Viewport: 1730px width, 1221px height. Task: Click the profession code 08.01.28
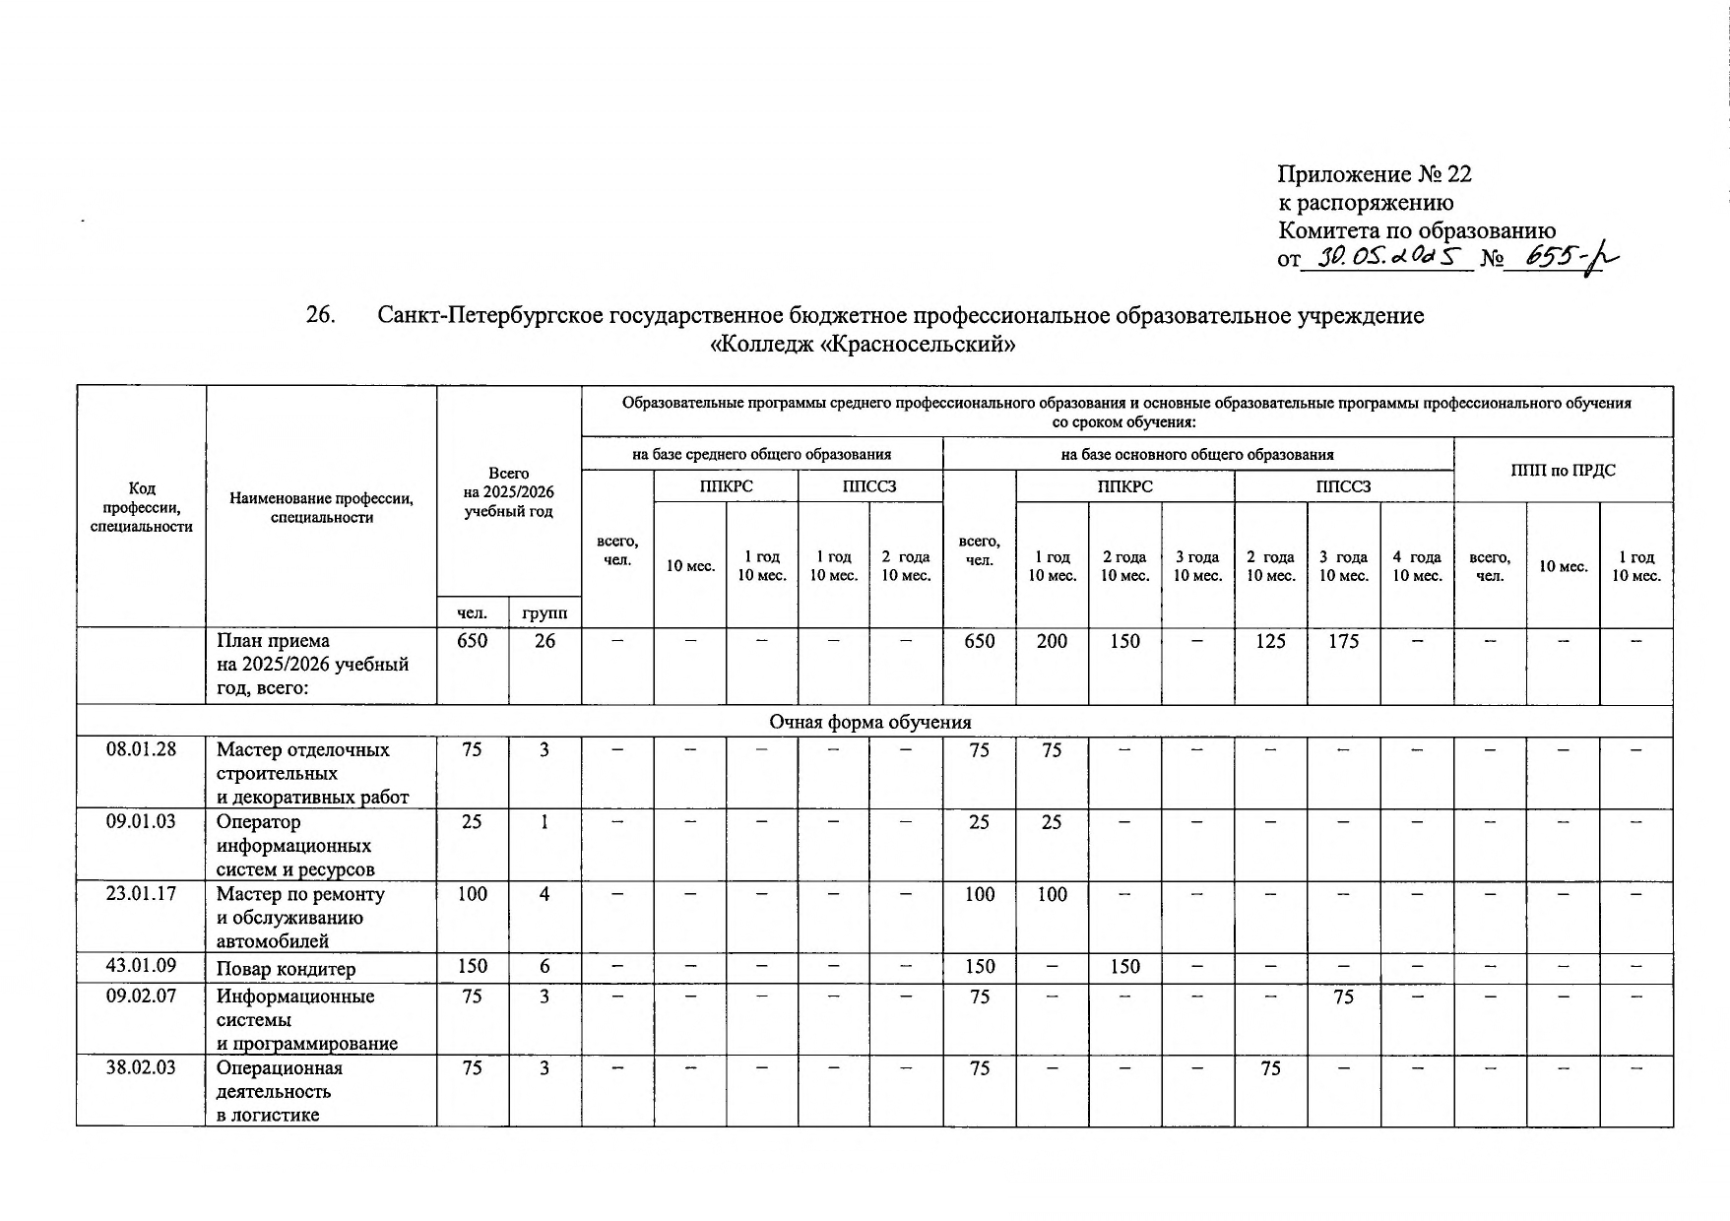141,749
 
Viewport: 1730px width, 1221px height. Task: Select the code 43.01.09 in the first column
141,967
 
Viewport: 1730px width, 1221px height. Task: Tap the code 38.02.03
141,1068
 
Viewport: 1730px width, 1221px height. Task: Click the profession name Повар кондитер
286,969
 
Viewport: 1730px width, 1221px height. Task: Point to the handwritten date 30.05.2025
1384,258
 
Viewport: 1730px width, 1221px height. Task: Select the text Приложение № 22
1375,174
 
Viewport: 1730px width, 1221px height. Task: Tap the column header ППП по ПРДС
1563,470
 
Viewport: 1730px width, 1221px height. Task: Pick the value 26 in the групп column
545,641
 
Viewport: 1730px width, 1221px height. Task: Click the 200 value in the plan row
1052,641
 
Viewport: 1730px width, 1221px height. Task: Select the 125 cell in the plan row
1270,641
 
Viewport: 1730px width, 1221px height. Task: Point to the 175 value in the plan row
1343,641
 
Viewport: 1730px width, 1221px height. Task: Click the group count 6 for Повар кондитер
545,967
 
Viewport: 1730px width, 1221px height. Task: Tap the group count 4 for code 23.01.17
545,894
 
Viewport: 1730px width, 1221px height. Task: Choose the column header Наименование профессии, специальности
321,507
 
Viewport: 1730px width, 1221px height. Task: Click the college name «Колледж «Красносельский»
862,345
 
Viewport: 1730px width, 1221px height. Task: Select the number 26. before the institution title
321,315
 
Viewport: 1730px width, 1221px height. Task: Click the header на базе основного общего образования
1197,454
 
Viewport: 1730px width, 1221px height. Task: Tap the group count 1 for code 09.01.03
545,821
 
